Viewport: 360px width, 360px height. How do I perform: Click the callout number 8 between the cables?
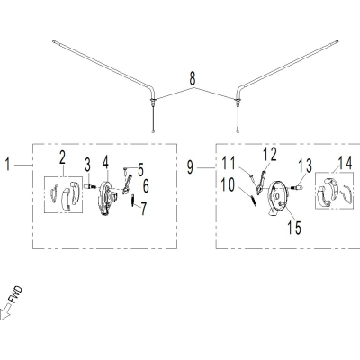pos(193,78)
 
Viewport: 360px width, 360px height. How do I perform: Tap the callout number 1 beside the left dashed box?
pos(8,165)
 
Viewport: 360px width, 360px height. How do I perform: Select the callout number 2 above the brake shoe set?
pos(62,157)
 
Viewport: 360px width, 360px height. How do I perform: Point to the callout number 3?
pos(87,166)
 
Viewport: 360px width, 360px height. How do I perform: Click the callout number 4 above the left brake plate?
pos(105,162)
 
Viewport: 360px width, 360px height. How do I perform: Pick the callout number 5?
pos(140,170)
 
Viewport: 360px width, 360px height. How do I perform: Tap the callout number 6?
pos(146,186)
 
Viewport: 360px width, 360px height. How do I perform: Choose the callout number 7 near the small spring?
pos(144,209)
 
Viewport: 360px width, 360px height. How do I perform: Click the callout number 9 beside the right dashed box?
pos(191,167)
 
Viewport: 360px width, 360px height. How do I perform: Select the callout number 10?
pos(228,185)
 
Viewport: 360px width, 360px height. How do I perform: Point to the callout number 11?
pos(229,164)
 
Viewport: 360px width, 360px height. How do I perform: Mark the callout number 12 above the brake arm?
pos(269,155)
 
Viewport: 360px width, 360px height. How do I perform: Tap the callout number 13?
pos(305,166)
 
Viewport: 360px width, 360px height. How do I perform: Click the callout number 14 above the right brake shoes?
pos(346,164)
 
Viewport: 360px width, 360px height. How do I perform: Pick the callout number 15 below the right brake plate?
pos(294,228)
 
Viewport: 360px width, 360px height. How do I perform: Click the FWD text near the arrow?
pos(16,294)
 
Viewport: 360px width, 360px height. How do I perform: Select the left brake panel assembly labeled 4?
pos(106,198)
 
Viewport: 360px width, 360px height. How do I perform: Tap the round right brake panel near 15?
pos(278,198)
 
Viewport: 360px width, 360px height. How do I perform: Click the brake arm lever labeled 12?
pos(261,181)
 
